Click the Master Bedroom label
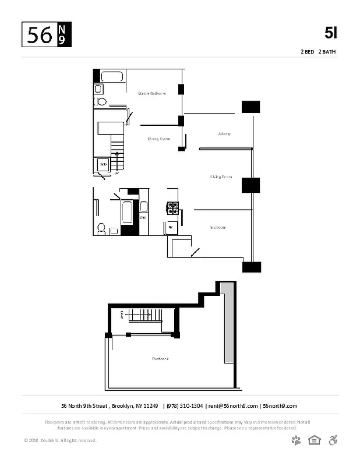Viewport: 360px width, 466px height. coord(151,93)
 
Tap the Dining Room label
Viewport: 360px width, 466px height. coord(158,139)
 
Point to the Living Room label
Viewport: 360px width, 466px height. coord(221,176)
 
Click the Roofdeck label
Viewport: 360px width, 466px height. coord(160,358)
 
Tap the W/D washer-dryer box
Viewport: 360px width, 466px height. coord(103,165)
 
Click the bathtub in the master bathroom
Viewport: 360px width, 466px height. coord(113,76)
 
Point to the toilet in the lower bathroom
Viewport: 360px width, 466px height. coord(101,228)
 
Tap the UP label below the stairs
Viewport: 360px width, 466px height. coord(117,173)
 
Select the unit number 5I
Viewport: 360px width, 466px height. coord(331,33)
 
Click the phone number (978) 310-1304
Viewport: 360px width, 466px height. coord(185,406)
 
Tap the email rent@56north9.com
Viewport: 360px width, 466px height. coord(233,406)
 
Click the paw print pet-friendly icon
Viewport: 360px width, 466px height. coord(297,440)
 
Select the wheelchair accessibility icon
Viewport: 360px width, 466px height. coord(333,440)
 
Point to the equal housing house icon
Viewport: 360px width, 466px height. coord(315,440)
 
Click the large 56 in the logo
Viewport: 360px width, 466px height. coord(40,36)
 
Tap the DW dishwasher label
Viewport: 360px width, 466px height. coord(142,218)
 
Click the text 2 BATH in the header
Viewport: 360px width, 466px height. coord(327,52)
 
